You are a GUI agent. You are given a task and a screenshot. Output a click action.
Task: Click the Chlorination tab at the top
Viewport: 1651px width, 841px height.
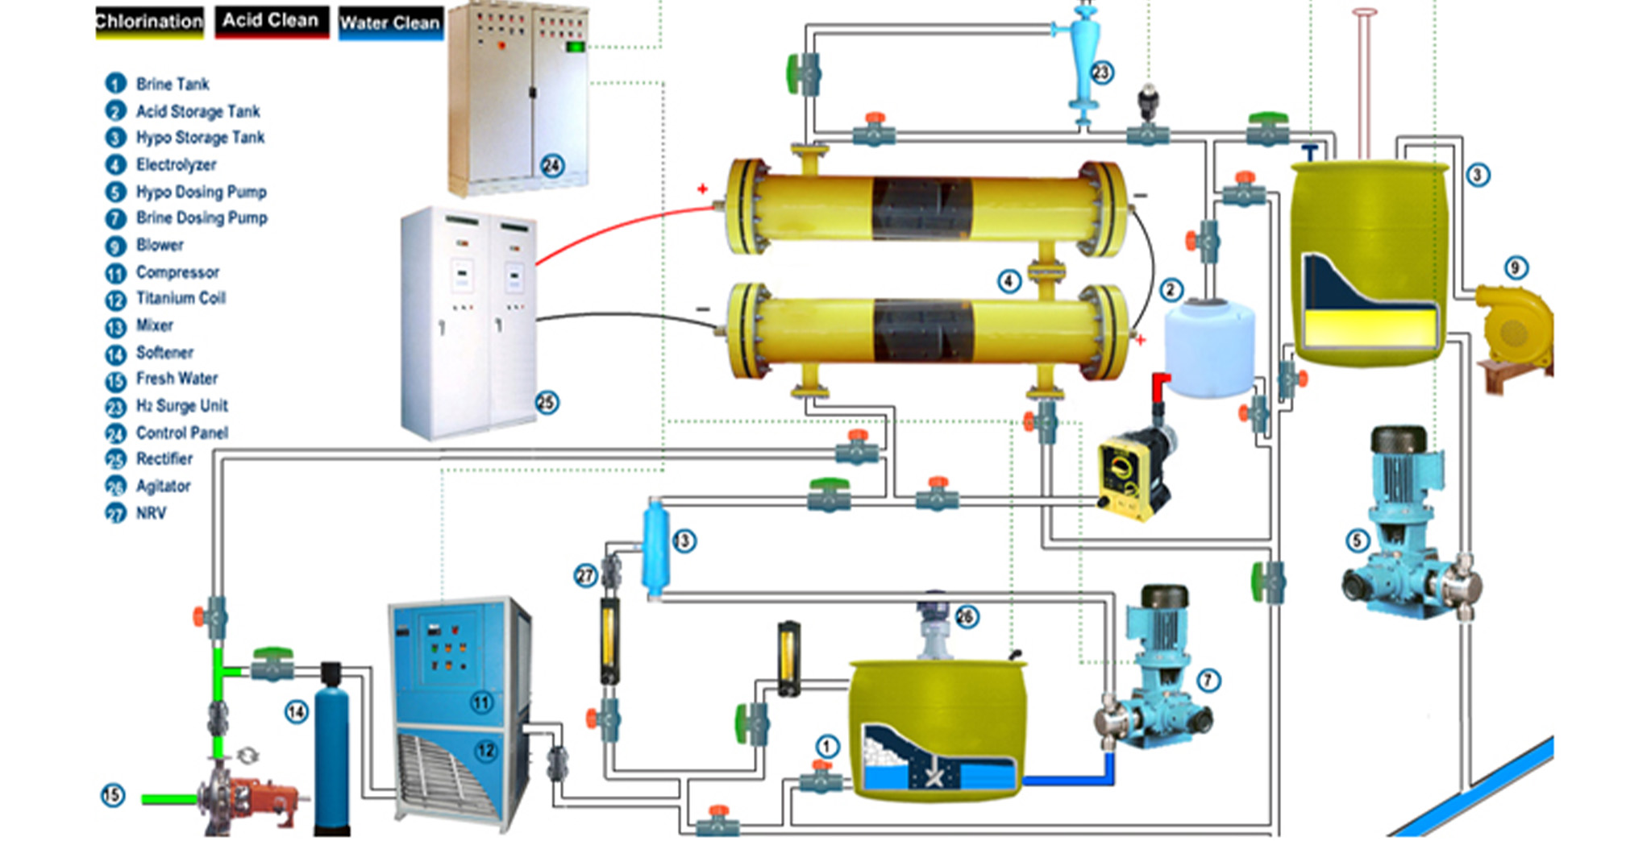pyautogui.click(x=149, y=22)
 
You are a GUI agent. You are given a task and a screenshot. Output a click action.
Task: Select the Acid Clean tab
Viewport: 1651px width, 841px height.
pyautogui.click(x=271, y=20)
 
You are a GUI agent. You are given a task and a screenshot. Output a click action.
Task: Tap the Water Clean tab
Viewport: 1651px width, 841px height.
pyautogui.click(x=390, y=23)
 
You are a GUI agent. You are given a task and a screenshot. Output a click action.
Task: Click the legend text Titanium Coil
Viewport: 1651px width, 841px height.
pyautogui.click(x=181, y=298)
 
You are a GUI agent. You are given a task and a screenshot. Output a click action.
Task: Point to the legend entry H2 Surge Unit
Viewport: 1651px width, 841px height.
pyautogui.click(x=181, y=406)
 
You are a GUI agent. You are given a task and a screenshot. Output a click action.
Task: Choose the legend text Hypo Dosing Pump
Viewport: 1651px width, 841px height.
pyautogui.click(x=201, y=192)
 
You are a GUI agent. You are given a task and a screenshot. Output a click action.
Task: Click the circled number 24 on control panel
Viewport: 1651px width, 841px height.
pyautogui.click(x=551, y=166)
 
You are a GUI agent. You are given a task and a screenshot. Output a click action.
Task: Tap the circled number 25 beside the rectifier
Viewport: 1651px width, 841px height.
pyautogui.click(x=547, y=402)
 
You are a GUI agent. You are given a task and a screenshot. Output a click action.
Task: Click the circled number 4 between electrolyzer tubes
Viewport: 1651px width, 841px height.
pyautogui.click(x=1008, y=281)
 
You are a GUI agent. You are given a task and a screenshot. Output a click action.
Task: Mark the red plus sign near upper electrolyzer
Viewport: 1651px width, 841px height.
pyautogui.click(x=702, y=188)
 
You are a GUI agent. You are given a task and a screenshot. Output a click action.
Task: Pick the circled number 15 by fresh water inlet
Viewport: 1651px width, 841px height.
pyautogui.click(x=113, y=795)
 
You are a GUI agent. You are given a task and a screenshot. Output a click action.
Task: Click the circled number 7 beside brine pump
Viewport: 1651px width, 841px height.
pyautogui.click(x=1208, y=681)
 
